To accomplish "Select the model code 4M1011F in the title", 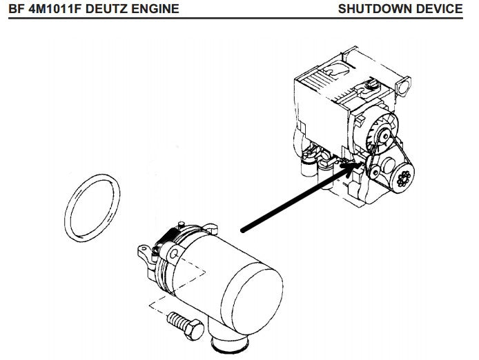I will pyautogui.click(x=50, y=9).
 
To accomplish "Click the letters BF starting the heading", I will pyautogui.click(x=14, y=9).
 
